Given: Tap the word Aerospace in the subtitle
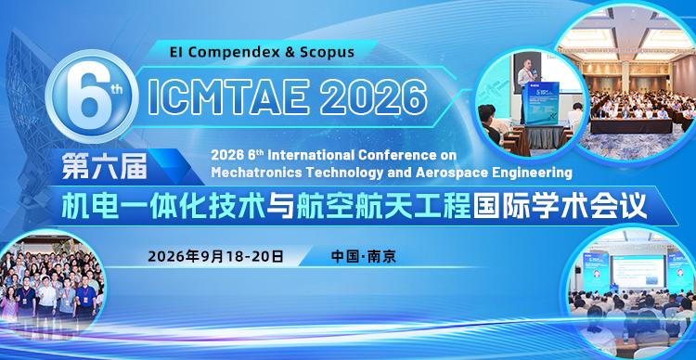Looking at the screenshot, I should tap(449, 172).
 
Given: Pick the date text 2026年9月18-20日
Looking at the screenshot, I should tap(215, 256).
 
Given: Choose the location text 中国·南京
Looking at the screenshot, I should tap(364, 256).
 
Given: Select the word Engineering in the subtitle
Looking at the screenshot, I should tap(528, 172).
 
